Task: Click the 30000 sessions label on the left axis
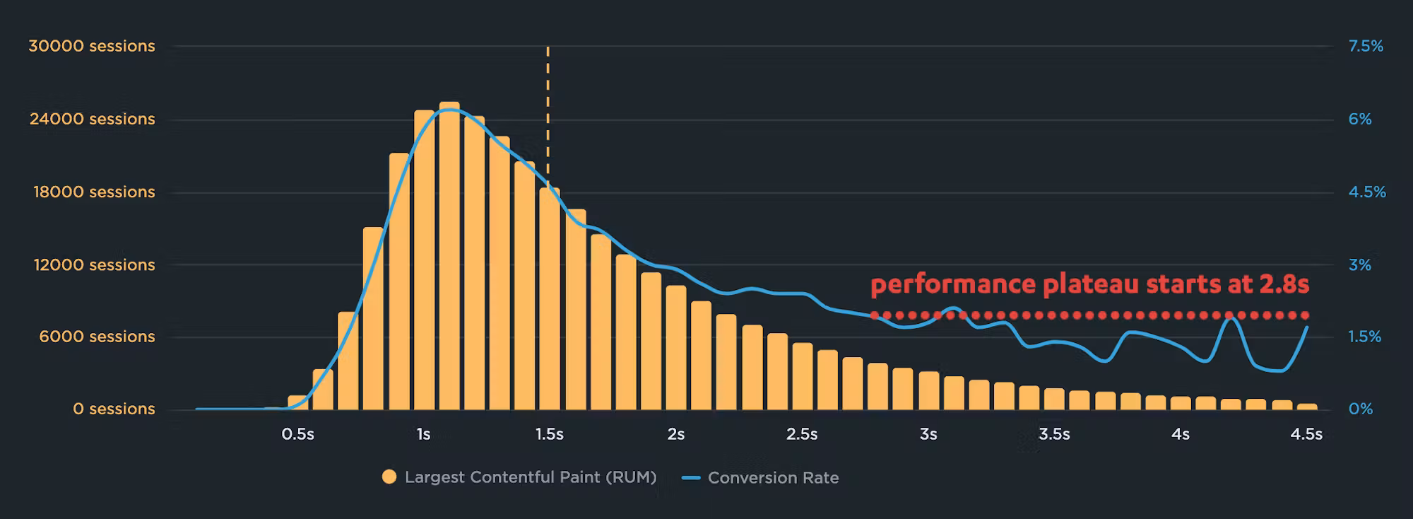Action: [92, 46]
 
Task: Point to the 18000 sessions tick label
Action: [94, 192]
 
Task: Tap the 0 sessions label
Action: [114, 409]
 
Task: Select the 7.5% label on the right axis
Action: [1366, 46]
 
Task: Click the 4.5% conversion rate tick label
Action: [1367, 192]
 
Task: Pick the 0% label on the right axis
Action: [1361, 409]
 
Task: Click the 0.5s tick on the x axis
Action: [297, 434]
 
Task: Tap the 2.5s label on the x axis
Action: [802, 434]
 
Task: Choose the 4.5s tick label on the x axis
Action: [1306, 434]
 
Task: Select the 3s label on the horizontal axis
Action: [928, 434]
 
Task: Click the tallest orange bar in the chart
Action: [449, 256]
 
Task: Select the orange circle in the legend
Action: [389, 477]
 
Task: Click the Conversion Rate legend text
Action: [773, 478]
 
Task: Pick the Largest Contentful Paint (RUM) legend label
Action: [531, 477]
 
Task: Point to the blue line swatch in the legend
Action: [691, 478]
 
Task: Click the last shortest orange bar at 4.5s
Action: [1308, 407]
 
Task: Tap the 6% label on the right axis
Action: [1360, 119]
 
